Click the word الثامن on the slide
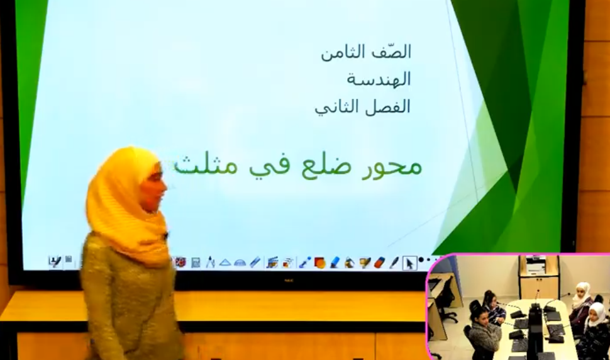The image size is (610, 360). point(341,52)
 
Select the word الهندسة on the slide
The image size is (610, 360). point(379,79)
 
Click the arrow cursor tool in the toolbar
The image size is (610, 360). point(409,263)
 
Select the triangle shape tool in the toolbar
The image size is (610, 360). point(225,262)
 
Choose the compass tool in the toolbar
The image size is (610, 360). point(210,262)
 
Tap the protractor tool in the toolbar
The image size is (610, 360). point(240,263)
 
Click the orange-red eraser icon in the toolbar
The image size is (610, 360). point(379,262)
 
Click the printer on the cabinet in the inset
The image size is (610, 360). point(540,265)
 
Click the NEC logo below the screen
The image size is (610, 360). point(288,280)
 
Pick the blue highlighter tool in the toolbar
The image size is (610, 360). point(335,263)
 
